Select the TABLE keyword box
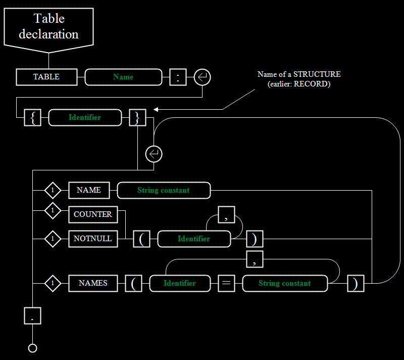point(46,77)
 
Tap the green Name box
point(123,77)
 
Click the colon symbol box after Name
point(178,77)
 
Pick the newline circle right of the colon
point(203,77)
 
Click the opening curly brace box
point(32,118)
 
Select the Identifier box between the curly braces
point(85,118)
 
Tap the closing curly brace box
point(137,118)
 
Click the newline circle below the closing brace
point(154,154)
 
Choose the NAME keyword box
point(89,190)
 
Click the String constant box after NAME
point(164,190)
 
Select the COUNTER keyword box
point(93,214)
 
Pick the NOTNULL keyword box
point(93,239)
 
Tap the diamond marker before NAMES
point(53,284)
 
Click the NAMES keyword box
point(93,284)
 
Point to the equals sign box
point(226,284)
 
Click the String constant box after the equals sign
point(285,284)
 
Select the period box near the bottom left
point(32,316)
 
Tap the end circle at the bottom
point(32,348)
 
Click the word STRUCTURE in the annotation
point(317,74)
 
